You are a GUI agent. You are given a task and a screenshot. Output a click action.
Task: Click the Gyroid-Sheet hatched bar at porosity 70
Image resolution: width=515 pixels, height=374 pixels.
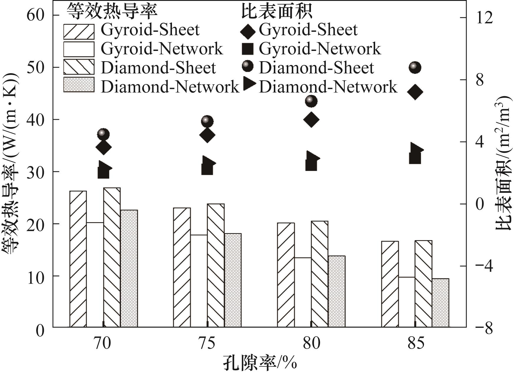tap(78, 259)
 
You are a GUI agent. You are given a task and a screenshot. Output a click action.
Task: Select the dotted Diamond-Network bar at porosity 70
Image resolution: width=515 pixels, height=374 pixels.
tap(129, 268)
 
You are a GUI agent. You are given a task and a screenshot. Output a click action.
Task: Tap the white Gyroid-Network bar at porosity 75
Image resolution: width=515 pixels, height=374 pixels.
tap(199, 281)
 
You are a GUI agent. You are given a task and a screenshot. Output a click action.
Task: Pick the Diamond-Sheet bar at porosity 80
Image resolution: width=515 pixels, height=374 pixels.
tap(319, 274)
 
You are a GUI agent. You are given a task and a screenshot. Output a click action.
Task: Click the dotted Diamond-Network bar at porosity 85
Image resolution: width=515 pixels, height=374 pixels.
tap(441, 303)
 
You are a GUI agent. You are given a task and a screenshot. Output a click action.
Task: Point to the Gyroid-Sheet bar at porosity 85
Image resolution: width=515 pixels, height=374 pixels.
tap(390, 284)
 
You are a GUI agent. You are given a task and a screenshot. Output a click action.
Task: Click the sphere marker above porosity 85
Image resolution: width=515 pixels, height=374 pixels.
tap(415, 68)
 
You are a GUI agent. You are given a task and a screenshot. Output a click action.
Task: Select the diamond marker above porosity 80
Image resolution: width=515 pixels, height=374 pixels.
tap(311, 119)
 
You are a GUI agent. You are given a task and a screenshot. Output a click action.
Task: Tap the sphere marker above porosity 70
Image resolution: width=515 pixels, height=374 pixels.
tap(103, 134)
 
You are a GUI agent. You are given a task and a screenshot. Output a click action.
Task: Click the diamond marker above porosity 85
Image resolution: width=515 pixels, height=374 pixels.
tap(415, 92)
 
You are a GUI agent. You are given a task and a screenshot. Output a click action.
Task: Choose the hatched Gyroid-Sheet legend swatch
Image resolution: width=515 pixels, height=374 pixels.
tap(79, 31)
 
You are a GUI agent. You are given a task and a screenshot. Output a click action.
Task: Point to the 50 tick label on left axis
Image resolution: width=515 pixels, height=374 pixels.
tap(36, 67)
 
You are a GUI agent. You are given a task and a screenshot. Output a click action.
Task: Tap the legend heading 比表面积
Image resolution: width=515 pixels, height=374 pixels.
tap(277, 12)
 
